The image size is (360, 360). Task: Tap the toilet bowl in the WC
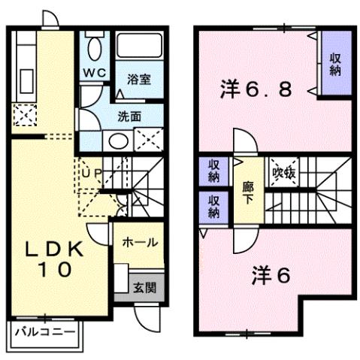pos(94,49)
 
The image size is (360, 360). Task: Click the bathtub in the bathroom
pos(140,48)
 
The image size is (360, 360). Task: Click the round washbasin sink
pos(116,140)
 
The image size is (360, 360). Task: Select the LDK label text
pos(51,248)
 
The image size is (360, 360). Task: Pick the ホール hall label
pos(140,243)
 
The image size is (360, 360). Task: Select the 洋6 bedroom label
pos(270,276)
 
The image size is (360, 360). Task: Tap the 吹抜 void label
pos(283,171)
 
